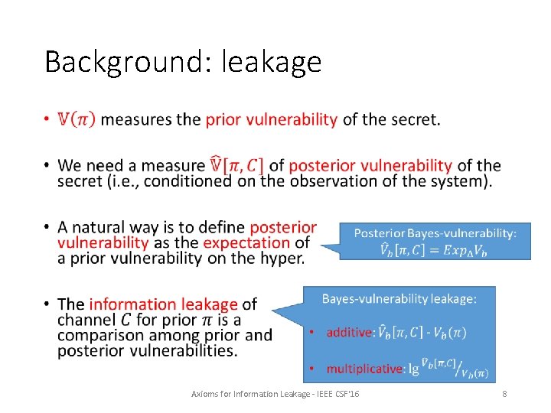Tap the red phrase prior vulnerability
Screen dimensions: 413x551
tap(271, 119)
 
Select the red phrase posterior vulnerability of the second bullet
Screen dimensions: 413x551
tap(370, 165)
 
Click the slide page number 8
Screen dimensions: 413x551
tap(504, 393)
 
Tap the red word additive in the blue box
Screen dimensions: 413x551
tap(349, 332)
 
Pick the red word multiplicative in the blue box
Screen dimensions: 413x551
tap(364, 369)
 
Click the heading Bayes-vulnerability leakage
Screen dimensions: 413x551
tap(399, 299)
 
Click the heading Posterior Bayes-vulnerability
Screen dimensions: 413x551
tap(435, 233)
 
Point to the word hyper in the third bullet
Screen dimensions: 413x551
tap(279, 259)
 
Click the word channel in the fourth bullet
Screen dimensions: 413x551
tap(85, 320)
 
